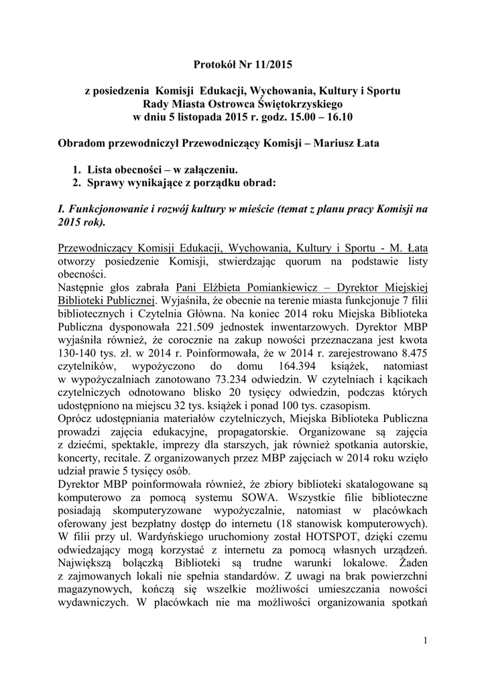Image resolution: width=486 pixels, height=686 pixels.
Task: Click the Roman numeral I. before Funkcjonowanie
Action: coord(64,209)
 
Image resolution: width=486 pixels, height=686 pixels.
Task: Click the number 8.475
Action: coord(411,354)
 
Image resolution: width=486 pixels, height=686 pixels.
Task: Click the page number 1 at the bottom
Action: coord(426,643)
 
